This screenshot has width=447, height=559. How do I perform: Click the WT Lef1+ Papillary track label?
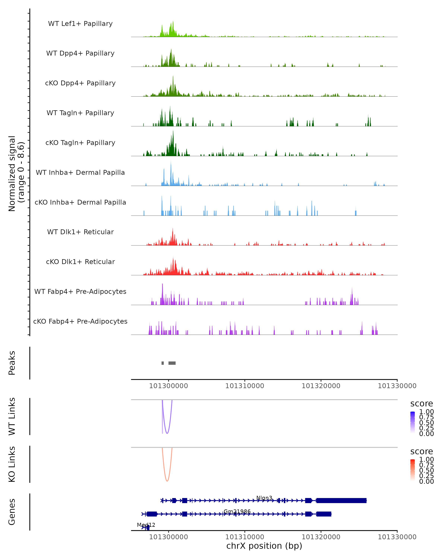(80, 24)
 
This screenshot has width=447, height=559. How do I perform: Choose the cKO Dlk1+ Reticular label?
(80, 262)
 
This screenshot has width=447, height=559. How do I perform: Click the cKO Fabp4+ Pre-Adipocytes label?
(80, 321)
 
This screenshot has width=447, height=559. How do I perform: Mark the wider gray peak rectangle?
(172, 363)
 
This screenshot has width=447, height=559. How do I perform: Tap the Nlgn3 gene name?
(264, 498)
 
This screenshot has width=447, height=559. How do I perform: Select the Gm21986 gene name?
(237, 511)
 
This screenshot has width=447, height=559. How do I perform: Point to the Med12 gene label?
(146, 525)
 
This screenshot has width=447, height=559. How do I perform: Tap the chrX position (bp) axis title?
(264, 546)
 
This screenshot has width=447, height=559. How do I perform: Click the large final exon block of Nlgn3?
(341, 500)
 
